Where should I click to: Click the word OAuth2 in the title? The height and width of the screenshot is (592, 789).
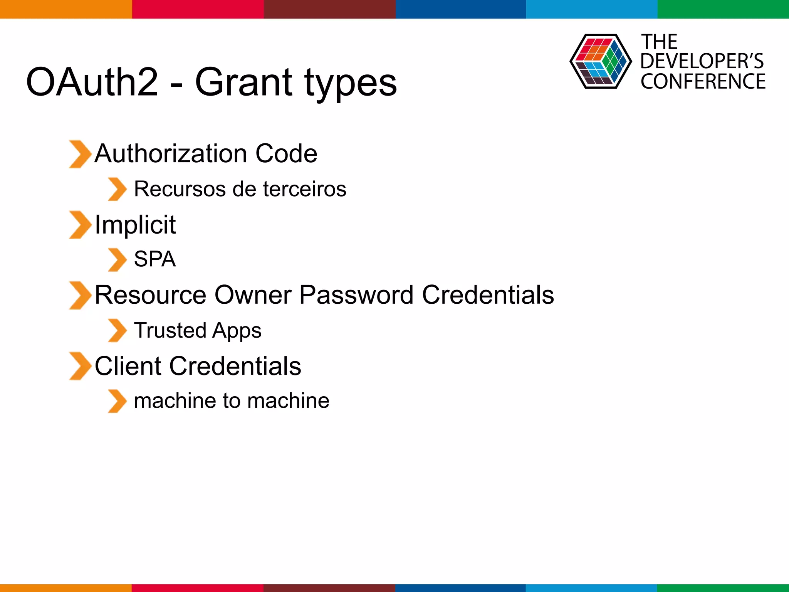(x=92, y=82)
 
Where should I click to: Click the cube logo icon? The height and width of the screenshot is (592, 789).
(x=600, y=61)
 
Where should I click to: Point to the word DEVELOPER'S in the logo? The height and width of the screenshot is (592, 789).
(x=702, y=61)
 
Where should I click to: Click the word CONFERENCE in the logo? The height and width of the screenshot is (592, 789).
(x=703, y=81)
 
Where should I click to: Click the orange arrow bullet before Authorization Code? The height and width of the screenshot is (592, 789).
(x=80, y=154)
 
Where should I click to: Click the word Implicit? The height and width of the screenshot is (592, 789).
(x=135, y=225)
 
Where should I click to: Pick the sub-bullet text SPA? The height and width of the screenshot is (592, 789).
(x=155, y=259)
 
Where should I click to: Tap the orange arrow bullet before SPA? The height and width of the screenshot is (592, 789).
(x=117, y=260)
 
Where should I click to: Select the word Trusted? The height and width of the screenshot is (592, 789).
(x=170, y=330)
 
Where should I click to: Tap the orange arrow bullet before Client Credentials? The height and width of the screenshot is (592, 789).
(x=80, y=366)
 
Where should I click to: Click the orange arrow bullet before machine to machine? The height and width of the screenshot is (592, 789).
(x=117, y=401)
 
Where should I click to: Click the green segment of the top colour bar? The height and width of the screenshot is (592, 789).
(x=723, y=9)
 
